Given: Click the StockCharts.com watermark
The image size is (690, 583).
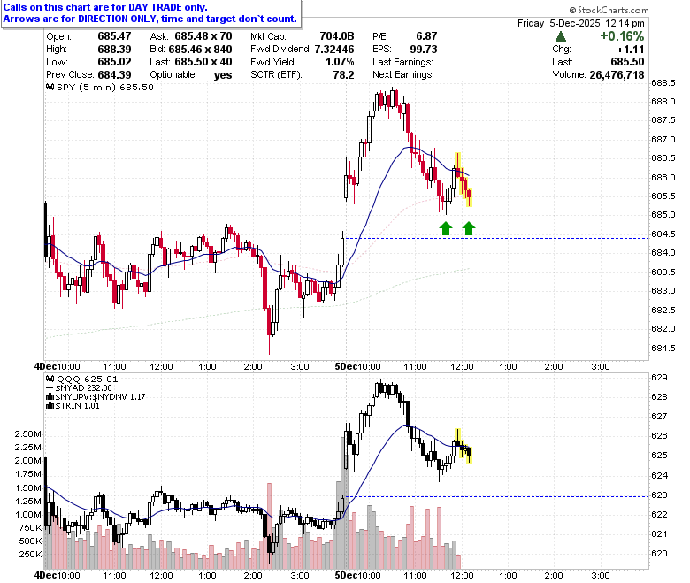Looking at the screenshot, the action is pos(609,10).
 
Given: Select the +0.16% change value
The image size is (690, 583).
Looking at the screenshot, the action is pos(622,36).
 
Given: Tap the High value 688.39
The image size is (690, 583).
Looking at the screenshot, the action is pos(114,49).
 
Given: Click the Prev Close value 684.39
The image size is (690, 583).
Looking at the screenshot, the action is pos(114,75).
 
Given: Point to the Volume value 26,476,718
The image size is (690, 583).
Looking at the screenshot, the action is pos(617,75).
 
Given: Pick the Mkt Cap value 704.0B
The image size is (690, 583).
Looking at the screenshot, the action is pos(337,36).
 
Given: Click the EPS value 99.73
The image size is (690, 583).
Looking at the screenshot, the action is pos(424,49).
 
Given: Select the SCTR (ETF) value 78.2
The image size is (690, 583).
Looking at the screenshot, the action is pos(344,75).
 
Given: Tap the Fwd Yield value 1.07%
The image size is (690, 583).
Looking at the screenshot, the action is pos(340,62).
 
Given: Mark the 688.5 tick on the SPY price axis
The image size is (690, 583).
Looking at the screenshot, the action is pos(663,83).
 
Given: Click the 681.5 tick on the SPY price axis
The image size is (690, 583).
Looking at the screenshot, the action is pos(663,348).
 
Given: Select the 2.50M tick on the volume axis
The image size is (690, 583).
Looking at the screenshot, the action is pos(27,434).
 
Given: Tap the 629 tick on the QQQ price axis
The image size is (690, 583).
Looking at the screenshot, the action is pos(659,378).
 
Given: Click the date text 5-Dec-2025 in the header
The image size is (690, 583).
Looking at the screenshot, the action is pos(575,23).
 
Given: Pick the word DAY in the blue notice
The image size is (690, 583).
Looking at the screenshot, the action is pos(138,7).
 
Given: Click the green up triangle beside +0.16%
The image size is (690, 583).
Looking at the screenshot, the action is pos(561,36).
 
